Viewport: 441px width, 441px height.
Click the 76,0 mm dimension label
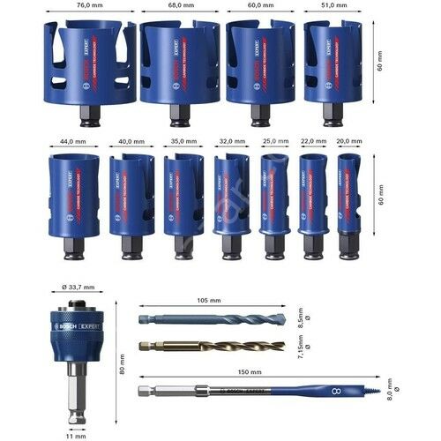88,5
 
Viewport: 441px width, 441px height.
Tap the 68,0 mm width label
180,5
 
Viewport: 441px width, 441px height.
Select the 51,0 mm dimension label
333,5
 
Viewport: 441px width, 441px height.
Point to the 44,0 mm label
71,139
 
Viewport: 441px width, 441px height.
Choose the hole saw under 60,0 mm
256,60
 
